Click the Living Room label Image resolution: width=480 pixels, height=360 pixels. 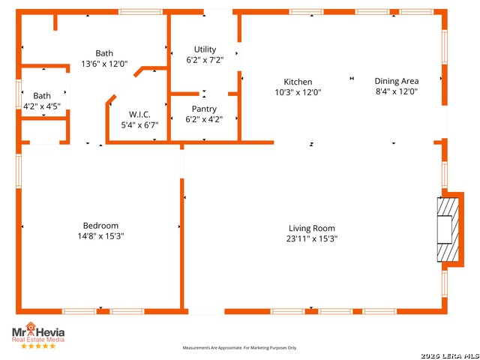pyautogui.click(x=312, y=228)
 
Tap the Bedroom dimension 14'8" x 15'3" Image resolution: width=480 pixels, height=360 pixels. pyautogui.click(x=100, y=235)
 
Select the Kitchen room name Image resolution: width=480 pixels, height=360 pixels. pyautogui.click(x=298, y=82)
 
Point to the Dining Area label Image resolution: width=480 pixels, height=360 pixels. pyautogui.click(x=397, y=81)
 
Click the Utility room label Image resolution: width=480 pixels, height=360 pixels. pyautogui.click(x=205, y=49)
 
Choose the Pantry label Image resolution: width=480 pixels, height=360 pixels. pyautogui.click(x=204, y=109)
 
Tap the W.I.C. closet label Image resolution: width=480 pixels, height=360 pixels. pyautogui.click(x=140, y=114)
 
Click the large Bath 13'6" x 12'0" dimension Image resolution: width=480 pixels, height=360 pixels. pyautogui.click(x=104, y=64)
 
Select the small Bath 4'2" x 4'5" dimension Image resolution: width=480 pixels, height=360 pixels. pyautogui.click(x=42, y=106)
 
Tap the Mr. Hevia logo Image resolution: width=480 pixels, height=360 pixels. pyautogui.click(x=37, y=332)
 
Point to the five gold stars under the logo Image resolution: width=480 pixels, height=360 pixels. pyautogui.click(x=37, y=346)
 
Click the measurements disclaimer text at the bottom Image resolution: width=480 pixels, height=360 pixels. pyautogui.click(x=240, y=348)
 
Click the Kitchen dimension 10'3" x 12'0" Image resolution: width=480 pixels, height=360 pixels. pyautogui.click(x=298, y=92)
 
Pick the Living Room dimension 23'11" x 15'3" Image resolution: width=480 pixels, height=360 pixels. pyautogui.click(x=312, y=238)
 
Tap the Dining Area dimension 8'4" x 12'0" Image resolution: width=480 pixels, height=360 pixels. pyautogui.click(x=397, y=91)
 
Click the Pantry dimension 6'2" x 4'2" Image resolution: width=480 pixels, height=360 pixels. pyautogui.click(x=204, y=119)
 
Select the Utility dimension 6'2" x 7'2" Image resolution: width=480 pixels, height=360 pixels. pyautogui.click(x=205, y=60)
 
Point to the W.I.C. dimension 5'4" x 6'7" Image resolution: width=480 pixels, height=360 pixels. pyautogui.click(x=140, y=124)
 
